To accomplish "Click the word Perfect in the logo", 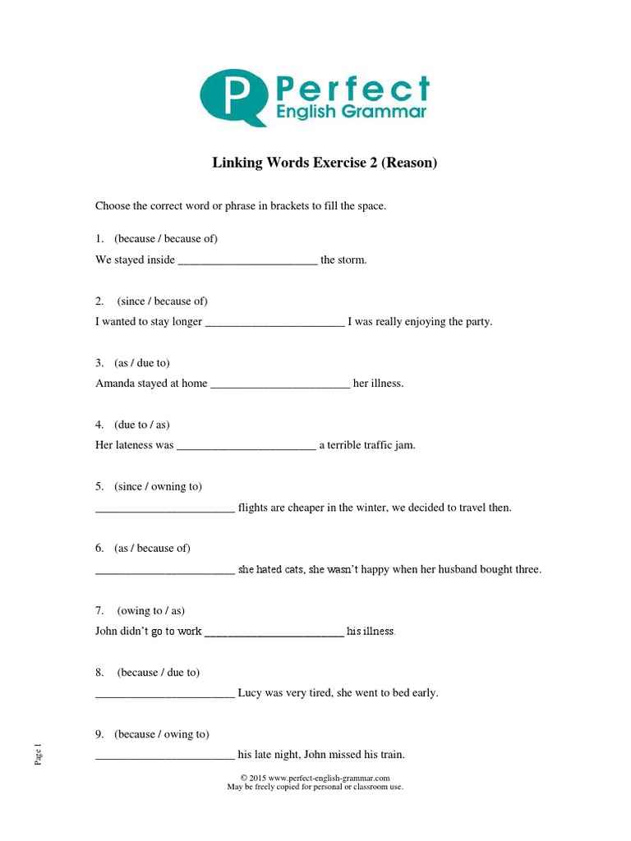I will [x=352, y=87].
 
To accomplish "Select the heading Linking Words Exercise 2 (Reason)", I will [x=325, y=163].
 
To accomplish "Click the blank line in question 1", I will [x=247, y=261].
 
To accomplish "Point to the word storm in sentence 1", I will [x=352, y=260].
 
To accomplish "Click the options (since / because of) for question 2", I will [x=162, y=301].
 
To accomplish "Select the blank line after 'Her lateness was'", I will [x=246, y=447].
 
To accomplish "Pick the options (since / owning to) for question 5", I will [x=159, y=486].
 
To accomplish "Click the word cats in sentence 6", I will [x=294, y=569].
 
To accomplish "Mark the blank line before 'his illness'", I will [x=274, y=632].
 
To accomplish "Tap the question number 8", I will [x=99, y=672].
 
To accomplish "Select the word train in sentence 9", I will [x=389, y=754].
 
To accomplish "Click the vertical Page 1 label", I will [x=38, y=754].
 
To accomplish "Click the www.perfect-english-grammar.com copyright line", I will [x=315, y=777].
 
